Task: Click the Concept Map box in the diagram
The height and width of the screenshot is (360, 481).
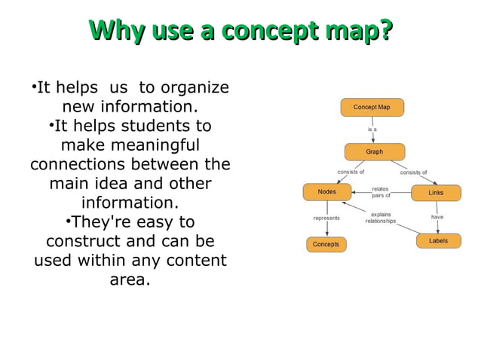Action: click(372, 107)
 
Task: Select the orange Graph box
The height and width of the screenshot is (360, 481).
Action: click(374, 151)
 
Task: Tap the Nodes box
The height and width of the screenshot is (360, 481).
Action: click(327, 192)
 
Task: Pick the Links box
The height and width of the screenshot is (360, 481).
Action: click(436, 193)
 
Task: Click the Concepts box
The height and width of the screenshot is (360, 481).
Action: click(326, 244)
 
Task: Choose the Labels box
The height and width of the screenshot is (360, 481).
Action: click(438, 241)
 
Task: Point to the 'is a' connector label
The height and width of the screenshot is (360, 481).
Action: click(372, 130)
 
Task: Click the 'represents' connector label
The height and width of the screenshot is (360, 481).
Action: click(326, 218)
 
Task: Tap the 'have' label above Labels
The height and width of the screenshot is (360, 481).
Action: click(437, 217)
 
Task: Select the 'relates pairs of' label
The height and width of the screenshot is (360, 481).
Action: click(381, 192)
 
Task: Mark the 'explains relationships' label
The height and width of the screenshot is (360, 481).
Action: click(381, 218)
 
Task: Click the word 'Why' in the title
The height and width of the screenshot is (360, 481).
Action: click(117, 31)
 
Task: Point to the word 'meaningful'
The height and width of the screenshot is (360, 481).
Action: click(130, 145)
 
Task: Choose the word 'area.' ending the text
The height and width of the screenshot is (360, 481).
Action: click(130, 280)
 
